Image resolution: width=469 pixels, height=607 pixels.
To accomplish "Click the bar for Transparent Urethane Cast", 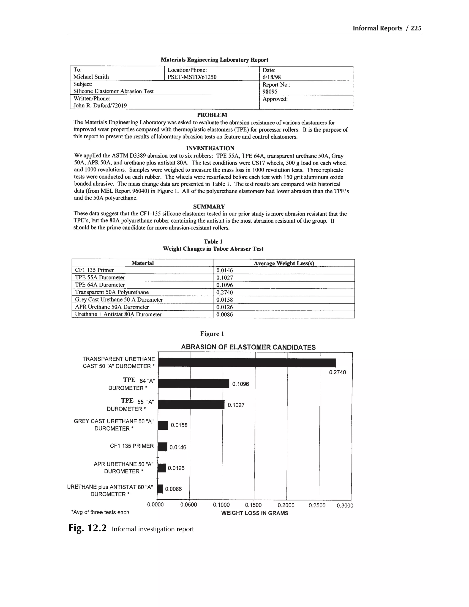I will click(x=247, y=363).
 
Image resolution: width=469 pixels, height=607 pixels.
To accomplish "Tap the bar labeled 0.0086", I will click(x=160, y=489).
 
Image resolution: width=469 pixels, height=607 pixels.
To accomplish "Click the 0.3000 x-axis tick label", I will click(x=345, y=505).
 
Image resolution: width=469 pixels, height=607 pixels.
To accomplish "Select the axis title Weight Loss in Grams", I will click(x=254, y=513).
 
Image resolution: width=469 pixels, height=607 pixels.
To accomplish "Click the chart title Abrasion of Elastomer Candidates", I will click(x=248, y=347).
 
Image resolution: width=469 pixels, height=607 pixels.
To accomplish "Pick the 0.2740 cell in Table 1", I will click(x=224, y=292).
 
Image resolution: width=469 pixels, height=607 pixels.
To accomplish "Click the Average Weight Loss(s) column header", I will click(x=284, y=263).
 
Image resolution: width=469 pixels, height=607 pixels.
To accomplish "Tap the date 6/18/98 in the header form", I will click(x=271, y=77).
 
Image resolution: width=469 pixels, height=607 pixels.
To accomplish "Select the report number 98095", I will click(x=270, y=91).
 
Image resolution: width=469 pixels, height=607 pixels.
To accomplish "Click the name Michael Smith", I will click(x=91, y=77).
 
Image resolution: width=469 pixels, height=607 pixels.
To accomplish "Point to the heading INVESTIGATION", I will click(x=210, y=148).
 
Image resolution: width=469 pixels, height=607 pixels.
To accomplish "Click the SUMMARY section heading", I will click(x=209, y=207).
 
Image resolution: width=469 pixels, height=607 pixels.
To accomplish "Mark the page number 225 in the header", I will click(x=416, y=28).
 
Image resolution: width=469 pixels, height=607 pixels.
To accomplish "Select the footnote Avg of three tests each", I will click(x=100, y=512).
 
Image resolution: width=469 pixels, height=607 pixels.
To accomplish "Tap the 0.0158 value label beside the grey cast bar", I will click(x=179, y=425).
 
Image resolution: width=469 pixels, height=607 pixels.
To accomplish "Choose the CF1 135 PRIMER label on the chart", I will click(x=132, y=446).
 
